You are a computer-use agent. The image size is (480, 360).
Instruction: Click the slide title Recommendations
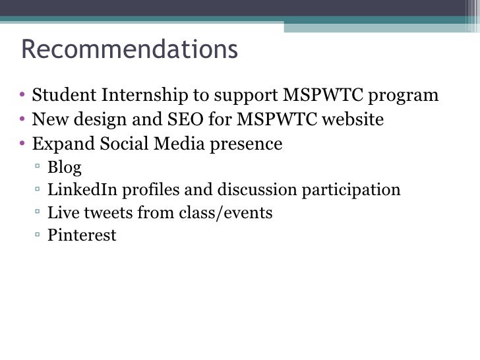129,49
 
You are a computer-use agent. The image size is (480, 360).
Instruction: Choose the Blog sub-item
64,167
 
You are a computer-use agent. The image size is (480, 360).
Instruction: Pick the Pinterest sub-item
82,235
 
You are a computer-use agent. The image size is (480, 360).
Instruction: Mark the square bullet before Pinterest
39,235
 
